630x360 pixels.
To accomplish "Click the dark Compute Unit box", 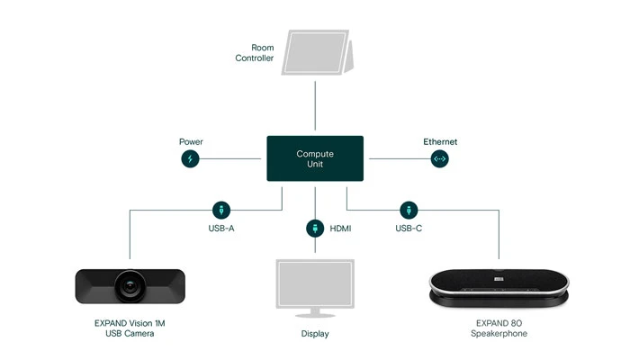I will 315,159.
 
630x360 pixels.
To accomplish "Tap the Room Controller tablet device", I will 318,53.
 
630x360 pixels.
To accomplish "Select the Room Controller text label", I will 255,52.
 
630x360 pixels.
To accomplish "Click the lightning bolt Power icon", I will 190,159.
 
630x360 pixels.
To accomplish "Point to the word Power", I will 191,141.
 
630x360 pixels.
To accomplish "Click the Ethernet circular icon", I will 440,159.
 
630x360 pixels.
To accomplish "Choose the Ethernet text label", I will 440,141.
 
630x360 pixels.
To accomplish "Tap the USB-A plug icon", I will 220,209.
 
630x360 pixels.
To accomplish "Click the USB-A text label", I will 221,229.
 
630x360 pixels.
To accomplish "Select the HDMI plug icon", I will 315,228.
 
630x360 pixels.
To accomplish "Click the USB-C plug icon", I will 409,209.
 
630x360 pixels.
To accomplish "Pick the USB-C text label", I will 409,229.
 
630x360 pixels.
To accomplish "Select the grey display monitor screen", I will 315,283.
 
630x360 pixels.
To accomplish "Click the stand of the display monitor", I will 315,313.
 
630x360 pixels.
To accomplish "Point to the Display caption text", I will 315,334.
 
